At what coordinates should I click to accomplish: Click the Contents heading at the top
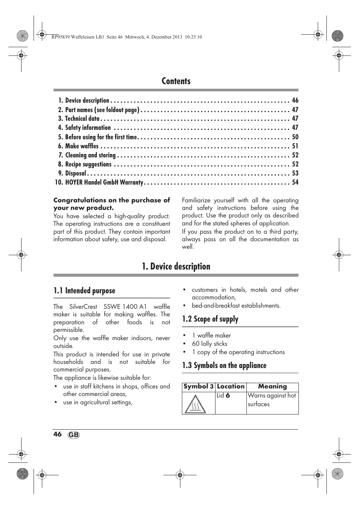[x=176, y=81]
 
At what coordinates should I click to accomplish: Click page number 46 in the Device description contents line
[x=295, y=100]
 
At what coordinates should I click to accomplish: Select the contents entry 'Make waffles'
[x=82, y=146]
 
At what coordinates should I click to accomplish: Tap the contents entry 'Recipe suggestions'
[x=88, y=164]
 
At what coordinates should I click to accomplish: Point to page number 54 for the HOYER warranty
[x=295, y=182]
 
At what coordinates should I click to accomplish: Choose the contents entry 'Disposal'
[x=75, y=173]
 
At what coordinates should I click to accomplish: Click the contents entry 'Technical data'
[x=82, y=119]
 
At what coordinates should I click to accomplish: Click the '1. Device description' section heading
[x=176, y=267]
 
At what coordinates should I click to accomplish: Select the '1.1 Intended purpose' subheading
[x=84, y=291]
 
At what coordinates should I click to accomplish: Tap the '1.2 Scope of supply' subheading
[x=210, y=319]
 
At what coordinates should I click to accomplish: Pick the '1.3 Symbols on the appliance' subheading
[x=224, y=365]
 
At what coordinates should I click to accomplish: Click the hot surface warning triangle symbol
[x=195, y=404]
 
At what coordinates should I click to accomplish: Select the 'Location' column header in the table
[x=231, y=387]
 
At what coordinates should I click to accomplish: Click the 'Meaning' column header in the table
[x=272, y=387]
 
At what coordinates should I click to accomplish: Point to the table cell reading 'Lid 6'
[x=223, y=396]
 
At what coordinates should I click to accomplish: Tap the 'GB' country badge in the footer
[x=74, y=435]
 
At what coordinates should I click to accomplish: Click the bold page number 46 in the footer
[x=57, y=434]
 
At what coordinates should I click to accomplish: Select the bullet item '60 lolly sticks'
[x=209, y=344]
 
